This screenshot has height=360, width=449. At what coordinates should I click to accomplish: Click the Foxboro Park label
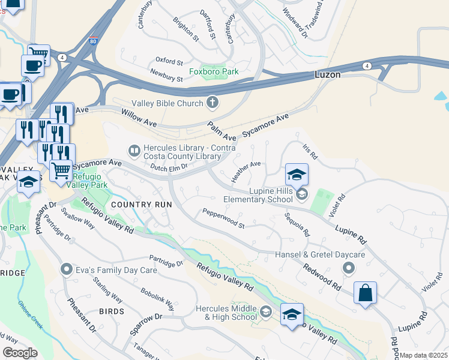click(x=214, y=71)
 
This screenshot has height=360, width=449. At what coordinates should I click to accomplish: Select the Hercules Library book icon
click(x=135, y=149)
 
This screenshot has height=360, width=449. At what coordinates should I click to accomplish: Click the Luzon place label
click(x=328, y=75)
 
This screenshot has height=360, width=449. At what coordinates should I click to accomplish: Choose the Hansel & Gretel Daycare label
click(x=320, y=255)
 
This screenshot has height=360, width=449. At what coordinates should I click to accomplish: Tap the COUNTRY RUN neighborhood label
click(x=142, y=205)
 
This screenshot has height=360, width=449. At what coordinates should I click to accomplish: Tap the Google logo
click(x=20, y=353)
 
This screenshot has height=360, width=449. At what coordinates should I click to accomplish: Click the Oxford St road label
click(x=169, y=61)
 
